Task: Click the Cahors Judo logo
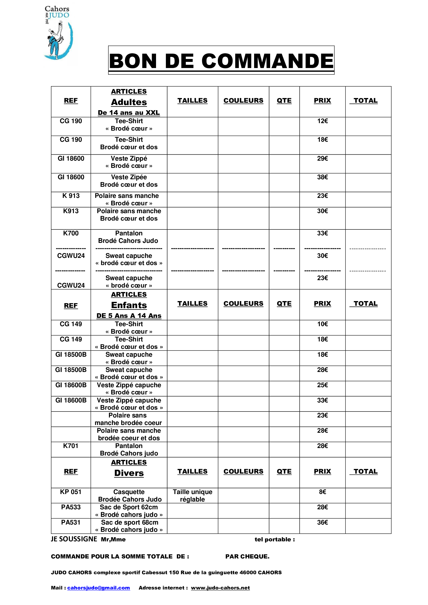(x=58, y=33)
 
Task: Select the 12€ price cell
(x=322, y=121)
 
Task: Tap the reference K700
(x=71, y=233)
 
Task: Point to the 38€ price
(x=322, y=177)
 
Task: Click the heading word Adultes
(x=129, y=102)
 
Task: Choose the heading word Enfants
(x=129, y=305)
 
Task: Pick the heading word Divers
(x=129, y=473)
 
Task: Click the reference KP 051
(x=71, y=492)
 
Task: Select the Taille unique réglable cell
(x=192, y=496)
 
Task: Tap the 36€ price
(x=322, y=522)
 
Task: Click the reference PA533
(x=71, y=507)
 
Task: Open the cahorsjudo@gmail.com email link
(x=99, y=588)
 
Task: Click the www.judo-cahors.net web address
(x=220, y=588)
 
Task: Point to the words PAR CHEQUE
(x=247, y=556)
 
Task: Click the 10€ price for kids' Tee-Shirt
(x=322, y=324)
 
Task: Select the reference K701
(x=71, y=446)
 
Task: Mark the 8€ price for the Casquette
(x=322, y=492)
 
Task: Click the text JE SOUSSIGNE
(x=74, y=539)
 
